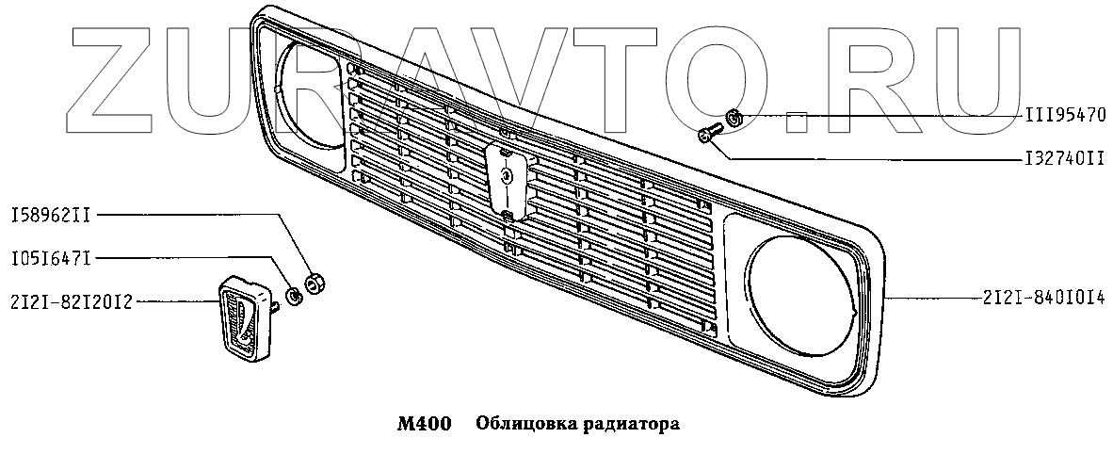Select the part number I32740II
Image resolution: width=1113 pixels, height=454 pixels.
[x=1064, y=158]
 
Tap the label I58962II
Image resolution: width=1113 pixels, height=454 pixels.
[x=51, y=216]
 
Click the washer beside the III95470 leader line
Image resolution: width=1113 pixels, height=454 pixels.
[x=736, y=118]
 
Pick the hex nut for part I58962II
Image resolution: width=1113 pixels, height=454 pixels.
[x=317, y=282]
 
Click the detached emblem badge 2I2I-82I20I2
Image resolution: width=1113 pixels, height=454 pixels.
[x=242, y=318]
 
